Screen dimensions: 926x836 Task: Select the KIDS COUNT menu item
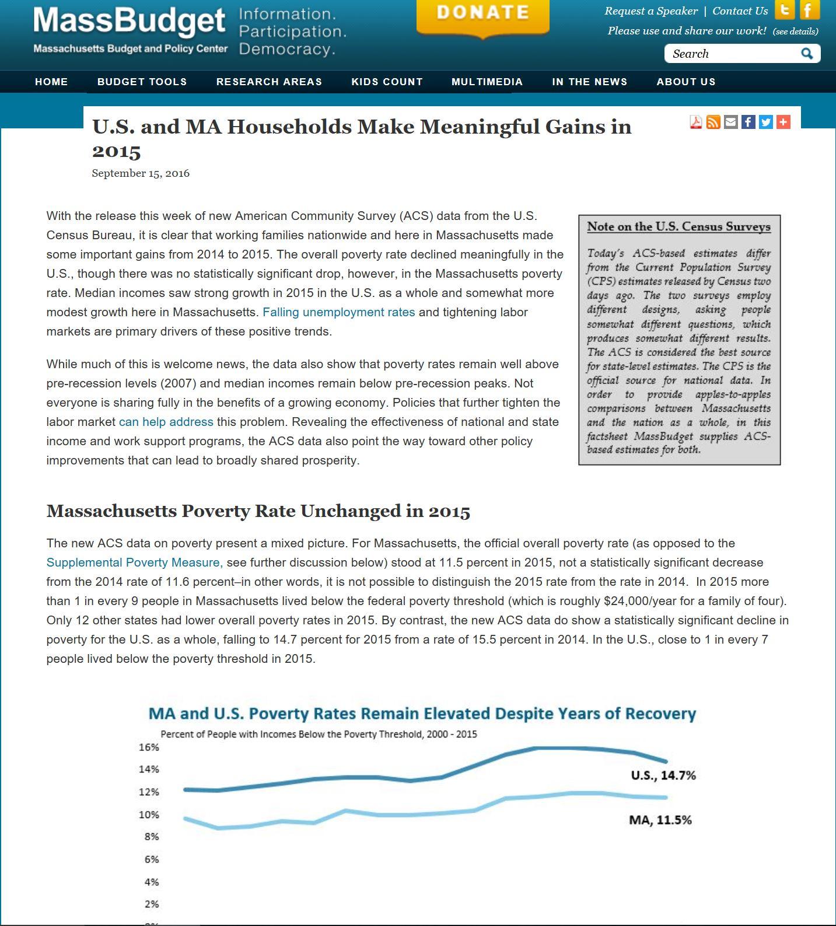pyautogui.click(x=387, y=82)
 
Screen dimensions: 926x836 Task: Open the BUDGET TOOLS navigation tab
pyautogui.click(x=142, y=82)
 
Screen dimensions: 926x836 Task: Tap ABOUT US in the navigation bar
pyautogui.click(x=685, y=82)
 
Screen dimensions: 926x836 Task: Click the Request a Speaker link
pyautogui.click(x=650, y=11)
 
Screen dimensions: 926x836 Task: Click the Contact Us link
pyautogui.click(x=740, y=11)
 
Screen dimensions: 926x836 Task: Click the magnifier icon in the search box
pyautogui.click(x=807, y=54)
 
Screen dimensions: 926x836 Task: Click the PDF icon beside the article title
pyautogui.click(x=695, y=122)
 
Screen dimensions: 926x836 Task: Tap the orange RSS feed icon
pyautogui.click(x=713, y=122)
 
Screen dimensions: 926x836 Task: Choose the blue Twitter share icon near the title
pyautogui.click(x=765, y=122)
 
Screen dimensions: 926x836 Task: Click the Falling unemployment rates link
pyautogui.click(x=338, y=312)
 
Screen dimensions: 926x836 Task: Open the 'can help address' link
pyautogui.click(x=166, y=422)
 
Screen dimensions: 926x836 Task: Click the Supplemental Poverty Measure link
pyautogui.click(x=134, y=562)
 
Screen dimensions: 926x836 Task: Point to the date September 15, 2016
pyautogui.click(x=141, y=173)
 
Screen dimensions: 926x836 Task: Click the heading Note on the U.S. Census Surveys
pyautogui.click(x=678, y=226)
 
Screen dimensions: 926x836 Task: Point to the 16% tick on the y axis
pyautogui.click(x=148, y=747)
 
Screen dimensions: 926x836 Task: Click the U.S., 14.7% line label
pyautogui.click(x=663, y=775)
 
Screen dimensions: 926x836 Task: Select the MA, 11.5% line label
pyautogui.click(x=660, y=820)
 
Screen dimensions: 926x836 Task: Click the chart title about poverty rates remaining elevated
pyautogui.click(x=422, y=714)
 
